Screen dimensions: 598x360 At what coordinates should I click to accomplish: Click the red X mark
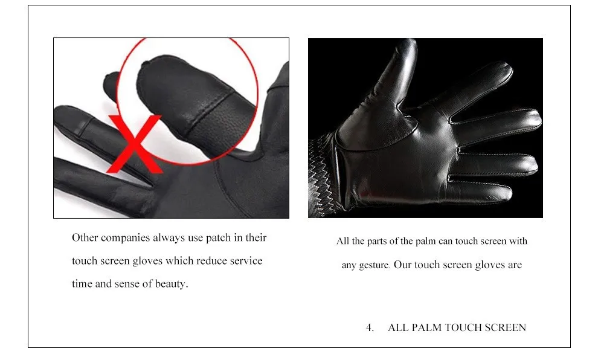click(134, 144)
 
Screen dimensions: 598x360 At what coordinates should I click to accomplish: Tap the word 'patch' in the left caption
click(218, 238)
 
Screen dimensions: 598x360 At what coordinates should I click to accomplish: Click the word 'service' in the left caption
click(246, 261)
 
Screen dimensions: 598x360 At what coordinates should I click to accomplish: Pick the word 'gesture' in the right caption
click(374, 265)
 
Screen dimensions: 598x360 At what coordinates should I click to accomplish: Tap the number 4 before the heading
click(369, 327)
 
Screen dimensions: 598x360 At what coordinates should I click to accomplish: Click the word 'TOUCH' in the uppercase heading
click(461, 327)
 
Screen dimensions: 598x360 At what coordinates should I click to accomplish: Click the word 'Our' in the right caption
click(402, 265)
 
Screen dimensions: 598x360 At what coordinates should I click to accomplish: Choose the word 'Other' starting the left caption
click(85, 237)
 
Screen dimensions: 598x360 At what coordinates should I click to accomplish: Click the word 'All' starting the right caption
click(342, 241)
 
